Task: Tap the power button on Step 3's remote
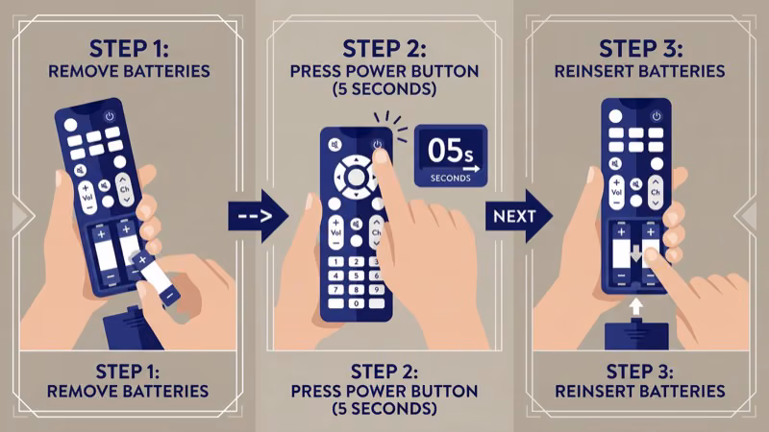pos(657,116)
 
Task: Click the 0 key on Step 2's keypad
pos(355,303)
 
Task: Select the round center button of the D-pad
pos(356,177)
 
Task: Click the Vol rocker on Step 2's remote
pos(335,230)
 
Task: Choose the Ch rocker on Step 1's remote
pos(122,186)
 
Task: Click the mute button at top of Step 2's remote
pos(334,145)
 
